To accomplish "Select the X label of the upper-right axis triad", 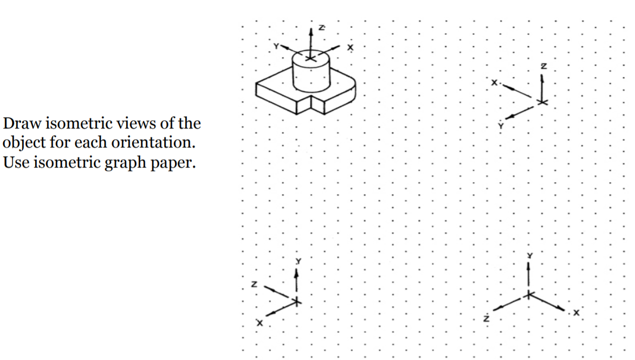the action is click(x=494, y=83).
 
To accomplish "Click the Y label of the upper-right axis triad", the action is click(x=501, y=125).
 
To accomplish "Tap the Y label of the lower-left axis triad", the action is click(x=297, y=261).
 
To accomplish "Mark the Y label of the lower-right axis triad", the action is click(x=530, y=255).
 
